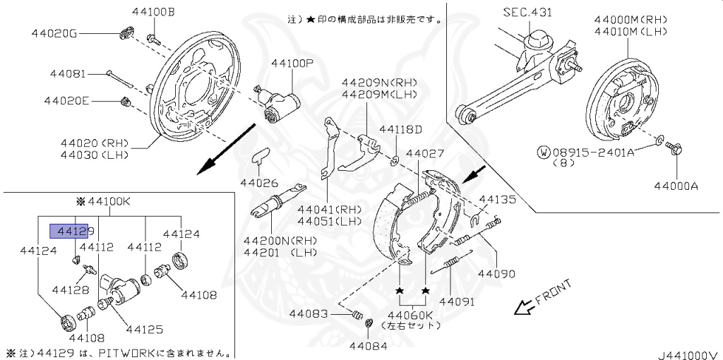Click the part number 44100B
pos(153,13)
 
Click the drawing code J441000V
pos(688,354)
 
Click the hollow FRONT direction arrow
pos(523,307)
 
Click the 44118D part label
pos(400,129)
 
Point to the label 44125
pos(145,328)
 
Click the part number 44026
pos(260,183)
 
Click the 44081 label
pos(68,73)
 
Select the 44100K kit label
pos(107,201)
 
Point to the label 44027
pos(425,153)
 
